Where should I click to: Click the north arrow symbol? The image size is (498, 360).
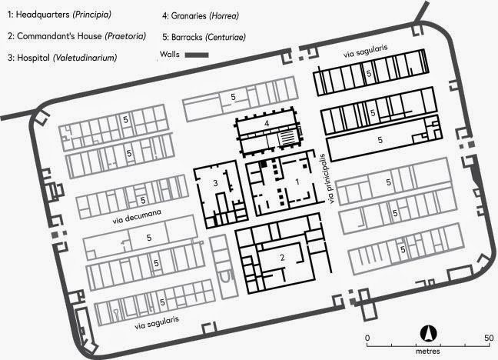[428, 334]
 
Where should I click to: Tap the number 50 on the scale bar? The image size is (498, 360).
[489, 338]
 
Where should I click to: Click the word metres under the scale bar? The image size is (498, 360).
[428, 352]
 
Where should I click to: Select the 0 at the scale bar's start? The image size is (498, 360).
[367, 338]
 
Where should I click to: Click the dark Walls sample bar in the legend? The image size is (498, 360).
[197, 55]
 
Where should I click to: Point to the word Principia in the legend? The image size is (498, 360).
[91, 15]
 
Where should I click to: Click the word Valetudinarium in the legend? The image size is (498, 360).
[85, 58]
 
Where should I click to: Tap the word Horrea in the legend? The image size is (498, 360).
[224, 16]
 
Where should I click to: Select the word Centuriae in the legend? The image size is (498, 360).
[225, 37]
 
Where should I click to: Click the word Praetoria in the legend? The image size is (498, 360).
[125, 36]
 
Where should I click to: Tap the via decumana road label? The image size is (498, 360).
[137, 216]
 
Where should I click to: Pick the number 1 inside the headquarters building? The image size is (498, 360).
[297, 182]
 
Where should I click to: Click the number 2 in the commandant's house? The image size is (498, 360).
[282, 257]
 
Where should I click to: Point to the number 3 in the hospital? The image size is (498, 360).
[216, 183]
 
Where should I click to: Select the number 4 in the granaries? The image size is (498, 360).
[267, 123]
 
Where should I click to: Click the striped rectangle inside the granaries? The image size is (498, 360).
[287, 138]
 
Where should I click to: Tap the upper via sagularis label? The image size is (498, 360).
[365, 51]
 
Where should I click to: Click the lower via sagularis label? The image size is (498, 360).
[157, 323]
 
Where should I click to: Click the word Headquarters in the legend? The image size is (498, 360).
[42, 15]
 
